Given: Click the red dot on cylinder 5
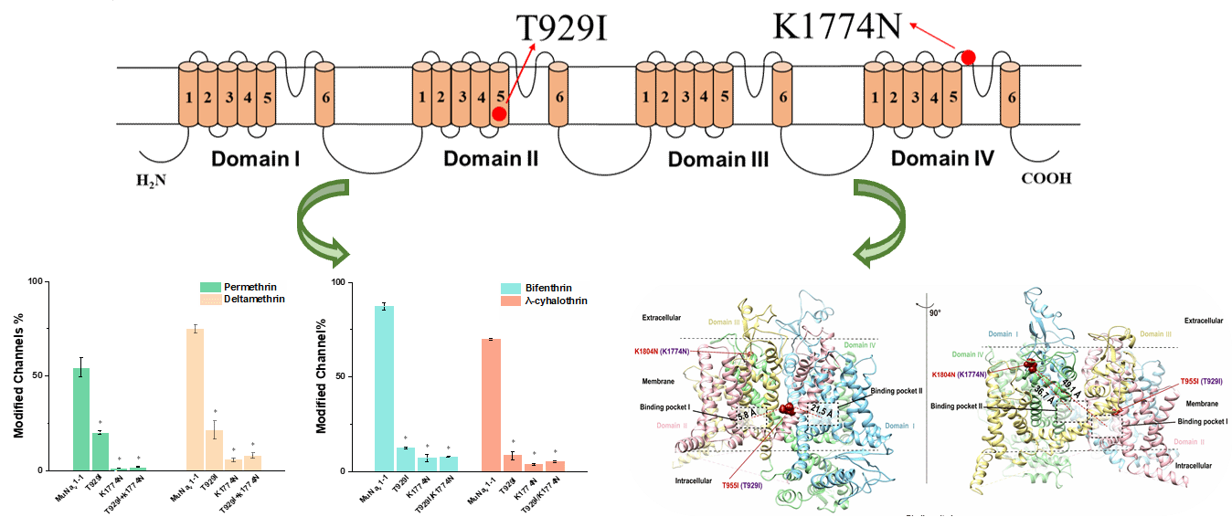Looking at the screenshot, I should (x=499, y=114).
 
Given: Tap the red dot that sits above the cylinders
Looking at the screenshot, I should (x=968, y=58).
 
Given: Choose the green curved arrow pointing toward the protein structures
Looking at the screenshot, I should (x=881, y=220).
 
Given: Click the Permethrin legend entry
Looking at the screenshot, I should (x=242, y=286).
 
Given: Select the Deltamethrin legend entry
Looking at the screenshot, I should (x=242, y=299).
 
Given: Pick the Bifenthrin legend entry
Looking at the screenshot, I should (x=543, y=288).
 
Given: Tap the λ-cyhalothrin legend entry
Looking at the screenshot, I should (x=543, y=301).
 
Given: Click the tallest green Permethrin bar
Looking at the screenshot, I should (x=81, y=418).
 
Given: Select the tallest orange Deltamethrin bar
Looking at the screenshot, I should (x=195, y=399).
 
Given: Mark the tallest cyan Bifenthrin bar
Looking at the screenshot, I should (x=385, y=388).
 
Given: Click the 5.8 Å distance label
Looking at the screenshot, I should (x=744, y=417).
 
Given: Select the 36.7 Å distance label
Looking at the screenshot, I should (x=1038, y=399).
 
